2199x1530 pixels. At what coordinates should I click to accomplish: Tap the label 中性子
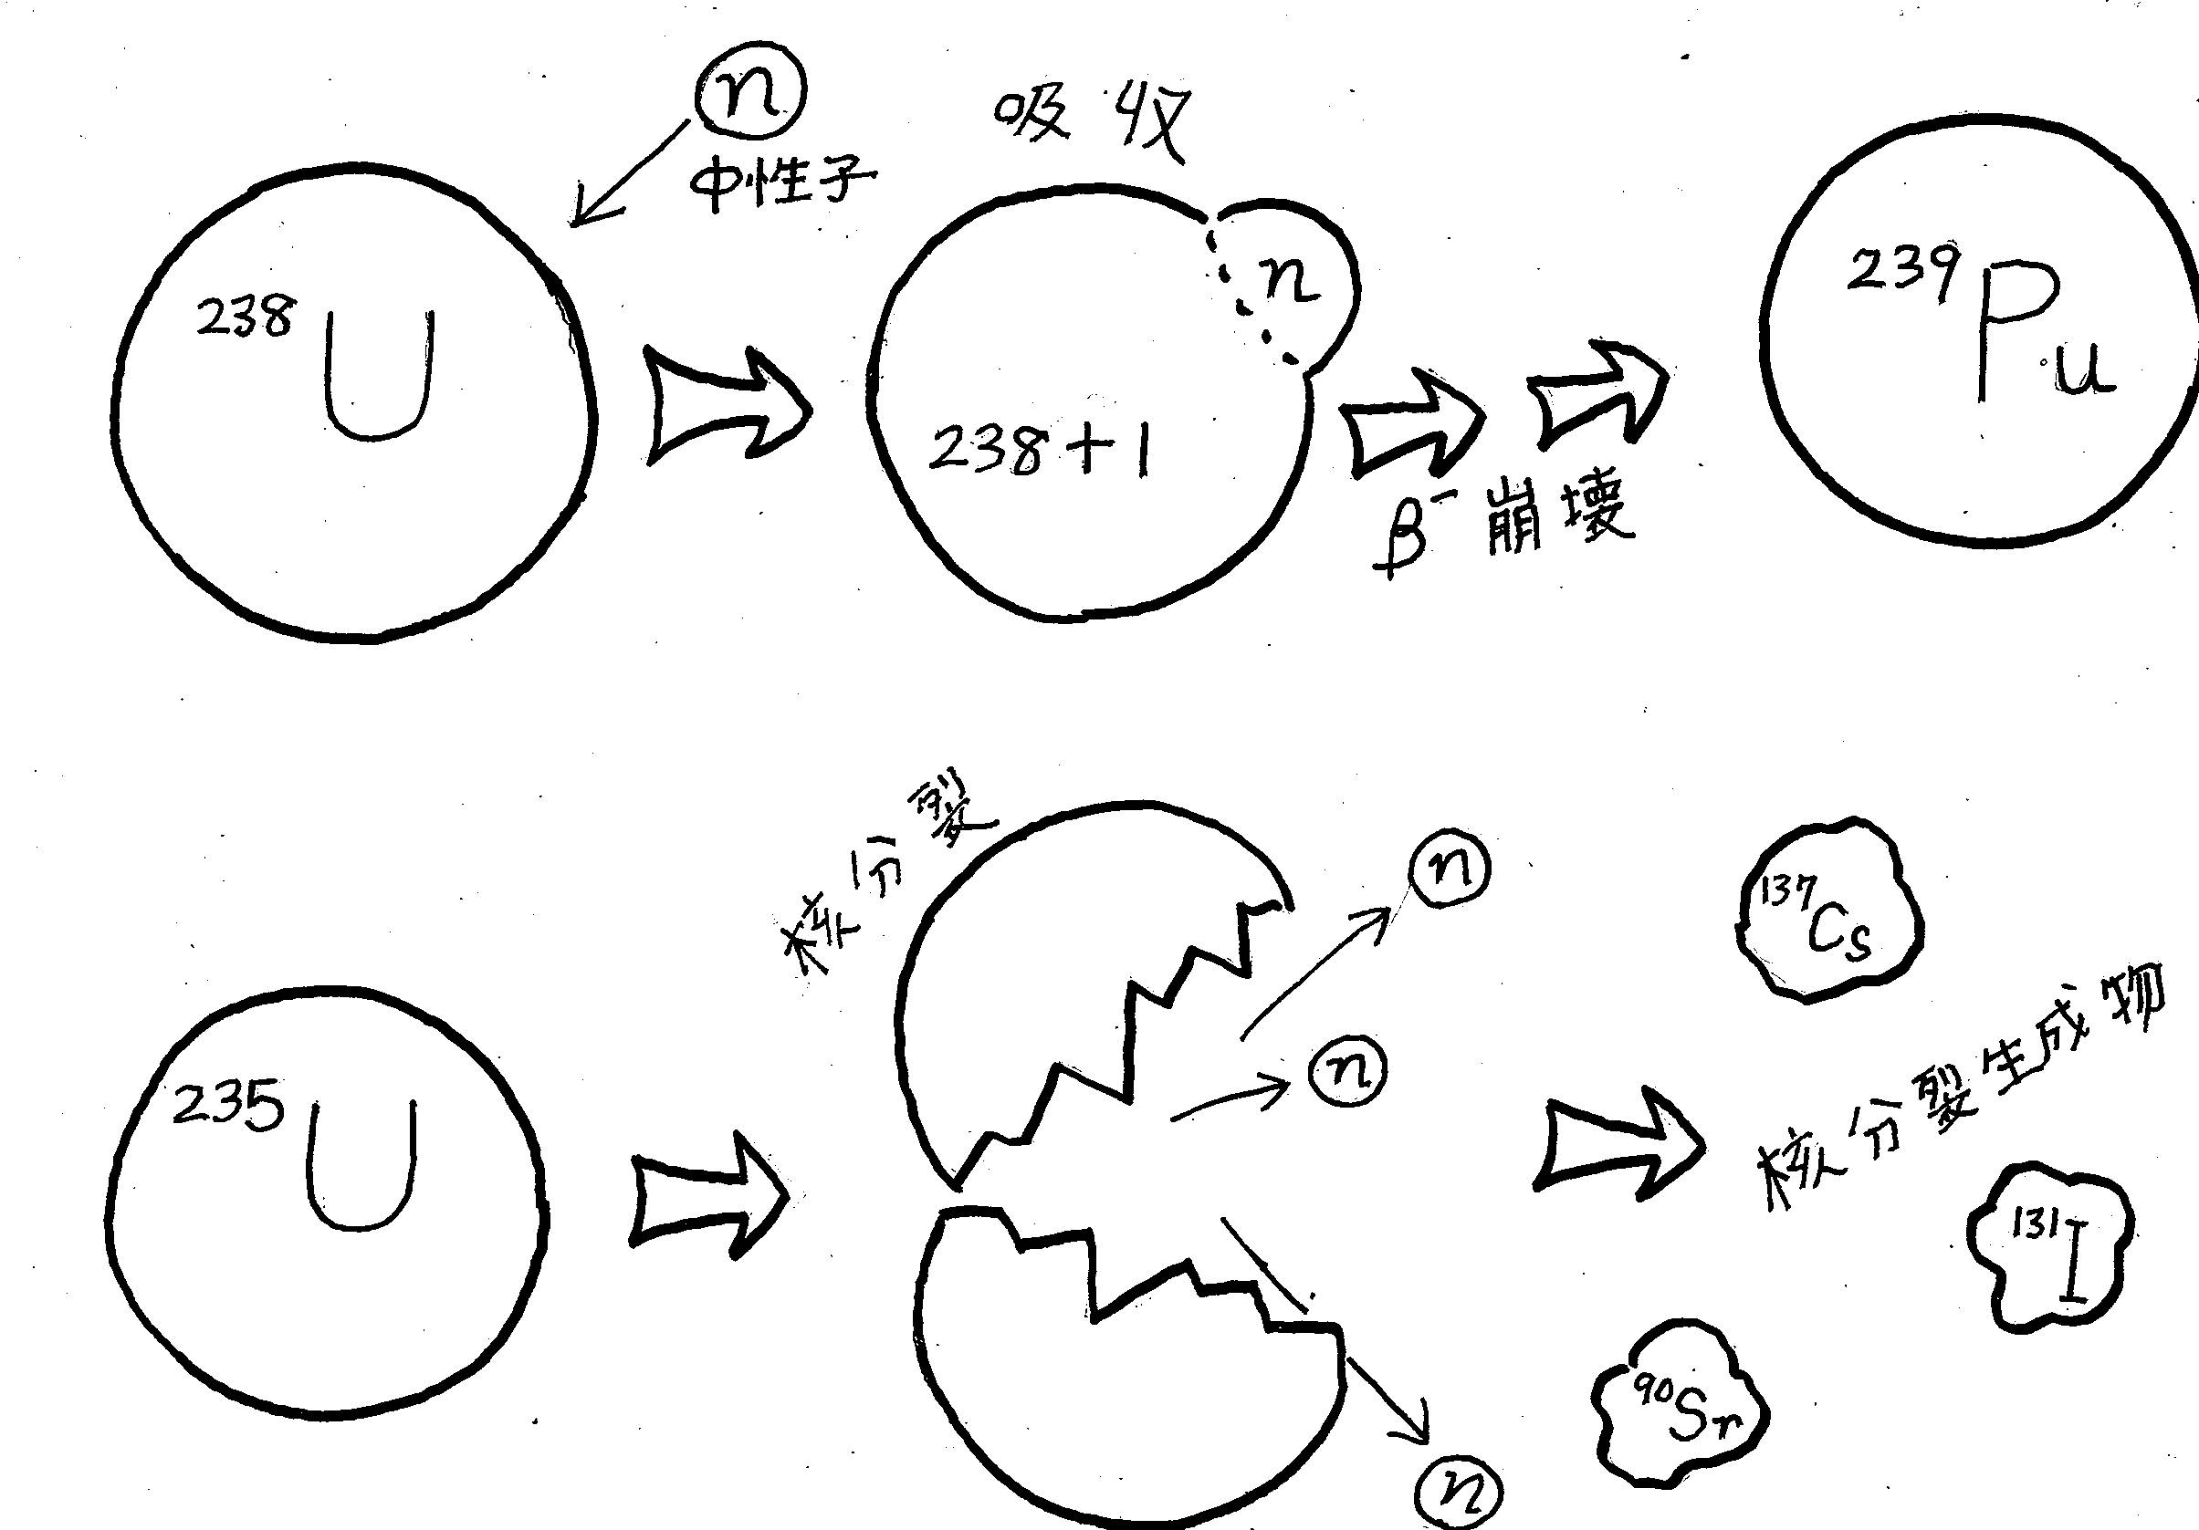783,179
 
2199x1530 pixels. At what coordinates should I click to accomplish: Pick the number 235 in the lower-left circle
228,1108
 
